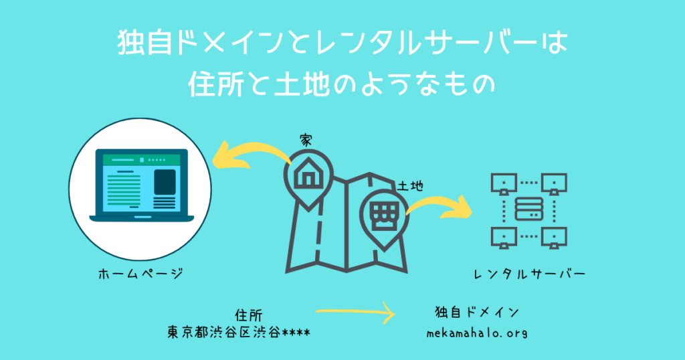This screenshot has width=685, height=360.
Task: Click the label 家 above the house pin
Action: tap(306, 141)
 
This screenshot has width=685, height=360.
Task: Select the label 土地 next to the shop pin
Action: tap(410, 186)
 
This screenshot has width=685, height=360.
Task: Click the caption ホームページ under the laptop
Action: tap(140, 274)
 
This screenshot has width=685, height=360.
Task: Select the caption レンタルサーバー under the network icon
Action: tap(530, 274)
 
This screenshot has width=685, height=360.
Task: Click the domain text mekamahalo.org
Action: tap(476, 333)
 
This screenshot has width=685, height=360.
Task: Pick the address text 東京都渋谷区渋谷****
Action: tap(239, 333)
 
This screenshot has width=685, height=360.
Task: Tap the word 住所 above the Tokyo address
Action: tap(249, 315)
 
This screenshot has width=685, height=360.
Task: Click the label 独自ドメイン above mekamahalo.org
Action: tap(477, 312)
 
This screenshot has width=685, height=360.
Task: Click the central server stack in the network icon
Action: tap(529, 209)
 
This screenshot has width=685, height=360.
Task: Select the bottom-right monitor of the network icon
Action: tap(554, 238)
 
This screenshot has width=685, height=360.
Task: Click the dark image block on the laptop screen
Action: tap(165, 182)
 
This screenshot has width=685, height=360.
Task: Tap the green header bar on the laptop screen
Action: tap(142, 160)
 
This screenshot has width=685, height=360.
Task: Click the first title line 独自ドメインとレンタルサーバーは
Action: tap(342, 43)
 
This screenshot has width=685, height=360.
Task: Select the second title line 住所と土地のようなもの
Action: tap(342, 83)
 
